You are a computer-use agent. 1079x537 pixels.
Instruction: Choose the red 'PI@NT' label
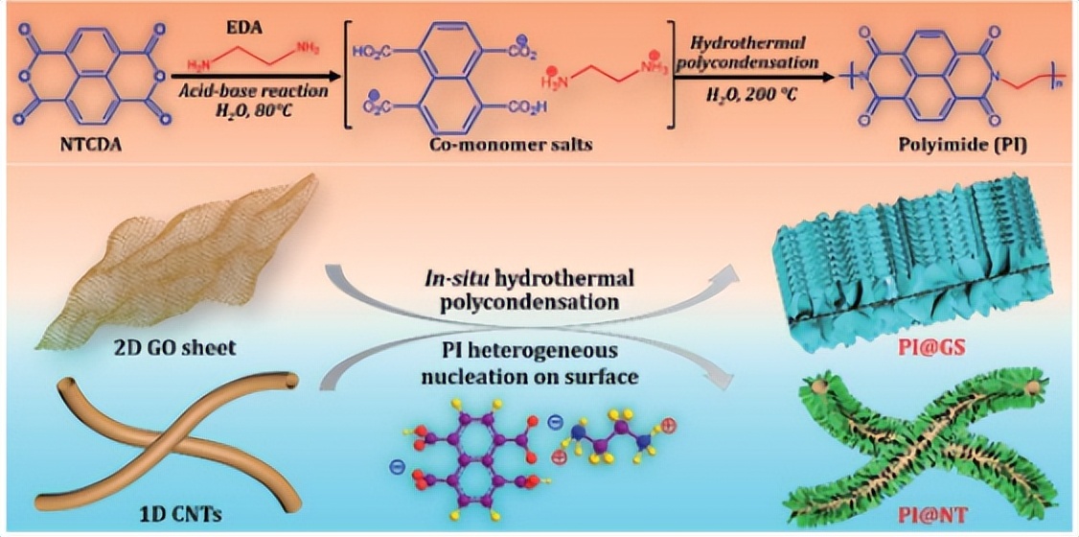[919, 513]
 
